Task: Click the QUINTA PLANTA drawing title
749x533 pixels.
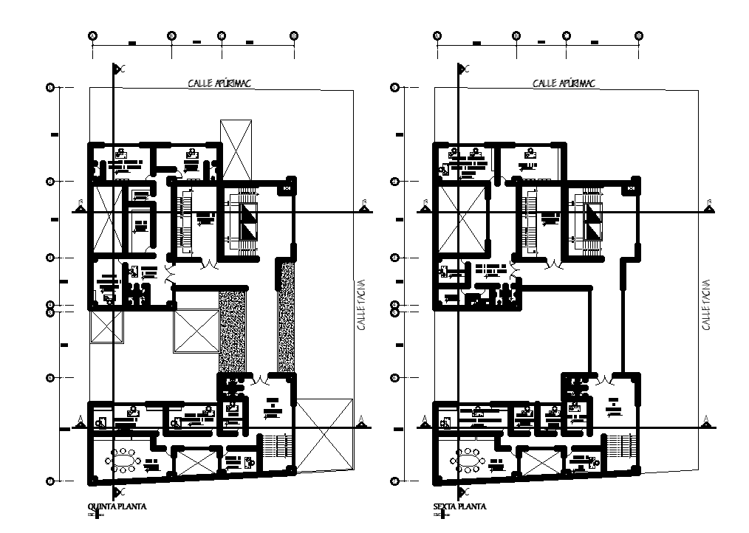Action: tap(117, 507)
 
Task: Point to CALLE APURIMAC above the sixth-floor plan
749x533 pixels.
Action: tap(564, 83)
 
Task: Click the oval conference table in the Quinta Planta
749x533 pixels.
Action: tap(124, 462)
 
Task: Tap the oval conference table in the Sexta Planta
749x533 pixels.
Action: tap(468, 462)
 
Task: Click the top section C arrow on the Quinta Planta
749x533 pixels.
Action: tap(117, 69)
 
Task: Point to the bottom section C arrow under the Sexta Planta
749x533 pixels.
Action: tap(461, 491)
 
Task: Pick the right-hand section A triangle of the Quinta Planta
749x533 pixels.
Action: tap(361, 421)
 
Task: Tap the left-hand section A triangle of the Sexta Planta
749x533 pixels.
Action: tap(425, 421)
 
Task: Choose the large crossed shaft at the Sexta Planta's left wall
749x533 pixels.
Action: tap(462, 219)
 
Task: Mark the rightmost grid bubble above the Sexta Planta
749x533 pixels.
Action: tap(638, 35)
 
